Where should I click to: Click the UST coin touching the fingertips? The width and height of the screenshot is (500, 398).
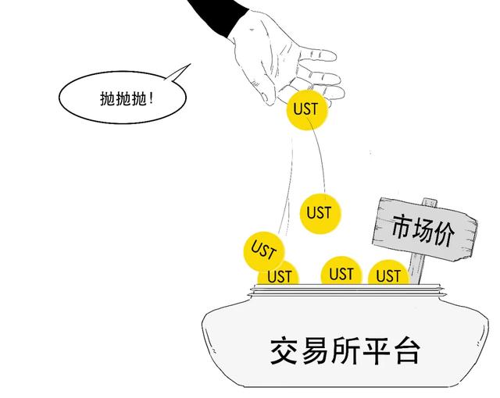click(307, 109)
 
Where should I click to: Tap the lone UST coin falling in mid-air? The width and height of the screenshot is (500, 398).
click(320, 213)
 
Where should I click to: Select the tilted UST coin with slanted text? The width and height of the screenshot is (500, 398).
click(263, 251)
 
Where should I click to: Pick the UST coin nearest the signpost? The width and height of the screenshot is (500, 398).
click(388, 272)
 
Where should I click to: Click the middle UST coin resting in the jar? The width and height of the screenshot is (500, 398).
click(341, 271)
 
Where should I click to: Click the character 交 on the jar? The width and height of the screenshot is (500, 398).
click(284, 351)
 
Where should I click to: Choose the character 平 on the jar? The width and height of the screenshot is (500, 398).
click(377, 351)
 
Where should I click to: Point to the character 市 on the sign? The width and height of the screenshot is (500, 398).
click(403, 226)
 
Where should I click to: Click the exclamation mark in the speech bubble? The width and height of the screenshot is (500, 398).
click(151, 98)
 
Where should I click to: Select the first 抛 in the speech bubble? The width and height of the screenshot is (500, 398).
click(108, 98)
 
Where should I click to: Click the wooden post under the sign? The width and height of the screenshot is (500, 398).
click(416, 268)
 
